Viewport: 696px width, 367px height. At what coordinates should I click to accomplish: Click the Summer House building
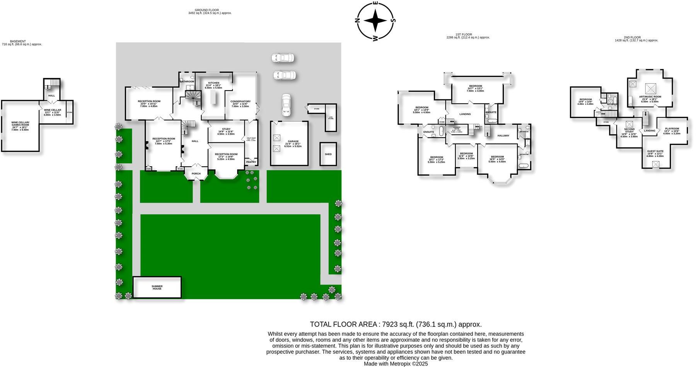click(x=157, y=287)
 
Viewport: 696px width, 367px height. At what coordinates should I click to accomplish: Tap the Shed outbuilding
click(x=328, y=154)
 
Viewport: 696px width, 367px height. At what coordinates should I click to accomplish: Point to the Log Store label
click(x=331, y=118)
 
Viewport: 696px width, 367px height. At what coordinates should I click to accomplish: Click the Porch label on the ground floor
click(x=196, y=174)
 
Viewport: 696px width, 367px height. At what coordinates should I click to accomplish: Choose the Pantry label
click(x=251, y=162)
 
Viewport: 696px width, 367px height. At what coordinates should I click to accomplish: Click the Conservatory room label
click(x=241, y=102)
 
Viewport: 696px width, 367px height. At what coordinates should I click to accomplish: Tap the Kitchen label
click(x=213, y=83)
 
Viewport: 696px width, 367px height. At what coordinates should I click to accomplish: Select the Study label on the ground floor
click(x=226, y=129)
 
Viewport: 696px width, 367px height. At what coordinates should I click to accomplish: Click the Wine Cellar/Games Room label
click(x=20, y=124)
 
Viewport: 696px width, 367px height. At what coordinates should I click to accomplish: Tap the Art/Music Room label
click(x=650, y=97)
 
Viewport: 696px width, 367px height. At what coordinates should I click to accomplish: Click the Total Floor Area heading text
click(x=396, y=324)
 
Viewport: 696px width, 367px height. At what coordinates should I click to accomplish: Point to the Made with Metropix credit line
click(x=396, y=364)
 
